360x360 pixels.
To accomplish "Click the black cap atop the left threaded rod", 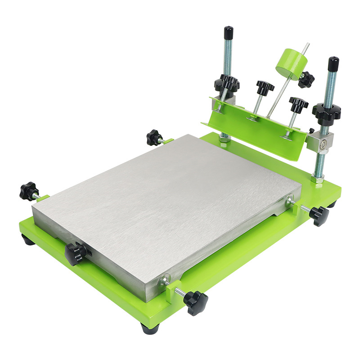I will click(x=229, y=33).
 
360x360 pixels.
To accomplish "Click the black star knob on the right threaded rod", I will click(x=326, y=111).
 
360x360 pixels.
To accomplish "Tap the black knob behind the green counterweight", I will click(x=306, y=80).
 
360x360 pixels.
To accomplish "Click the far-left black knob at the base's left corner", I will click(x=29, y=191).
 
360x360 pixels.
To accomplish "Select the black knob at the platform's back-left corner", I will click(x=154, y=137).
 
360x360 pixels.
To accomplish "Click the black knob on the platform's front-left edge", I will click(x=75, y=253).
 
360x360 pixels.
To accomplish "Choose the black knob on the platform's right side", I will click(x=319, y=215).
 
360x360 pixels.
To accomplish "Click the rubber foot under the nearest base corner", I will click(x=150, y=328).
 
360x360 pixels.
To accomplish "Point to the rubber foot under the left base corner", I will click(x=28, y=240).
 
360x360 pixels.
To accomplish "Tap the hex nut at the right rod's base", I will click(x=317, y=179).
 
